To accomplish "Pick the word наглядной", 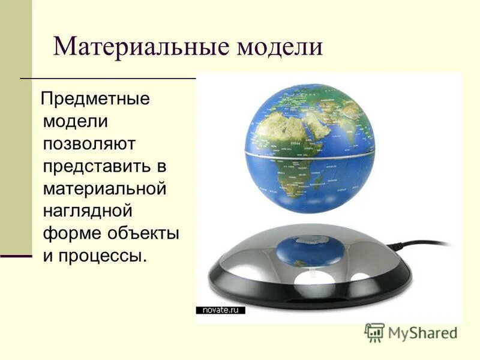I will point(87,211).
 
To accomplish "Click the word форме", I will point(71,233).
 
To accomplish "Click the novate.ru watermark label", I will point(221,310).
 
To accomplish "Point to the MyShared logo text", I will point(422,332).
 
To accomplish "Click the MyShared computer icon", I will point(374,332).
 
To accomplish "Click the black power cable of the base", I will point(420,243).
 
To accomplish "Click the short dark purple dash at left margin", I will point(16,256).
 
